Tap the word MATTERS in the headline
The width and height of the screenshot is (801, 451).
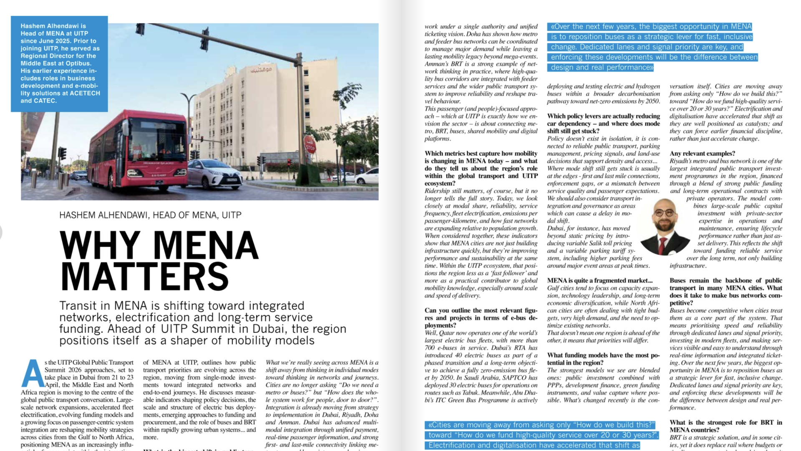pyautogui.click(x=144, y=276)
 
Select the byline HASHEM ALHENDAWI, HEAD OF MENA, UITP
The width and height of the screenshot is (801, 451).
pyautogui.click(x=150, y=215)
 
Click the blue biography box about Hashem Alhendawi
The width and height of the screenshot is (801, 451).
pyautogui.click(x=59, y=63)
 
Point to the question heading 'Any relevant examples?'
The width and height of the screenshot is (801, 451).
pyautogui.click(x=703, y=153)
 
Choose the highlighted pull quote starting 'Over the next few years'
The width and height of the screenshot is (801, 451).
pyautogui.click(x=652, y=47)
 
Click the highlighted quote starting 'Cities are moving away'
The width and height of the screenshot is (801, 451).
pyautogui.click(x=542, y=435)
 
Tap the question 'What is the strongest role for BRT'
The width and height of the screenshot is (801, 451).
pyautogui.click(x=725, y=426)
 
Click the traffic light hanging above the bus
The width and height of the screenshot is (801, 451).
pyautogui.click(x=140, y=29)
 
